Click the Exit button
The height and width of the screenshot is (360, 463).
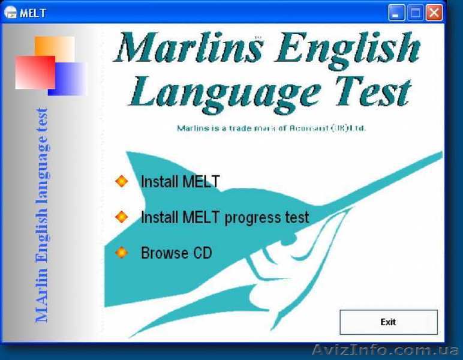click(388, 322)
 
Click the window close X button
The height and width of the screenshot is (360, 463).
click(434, 12)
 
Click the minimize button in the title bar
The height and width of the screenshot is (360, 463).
click(396, 12)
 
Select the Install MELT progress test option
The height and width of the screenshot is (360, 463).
click(225, 217)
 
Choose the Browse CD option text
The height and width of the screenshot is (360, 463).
click(176, 253)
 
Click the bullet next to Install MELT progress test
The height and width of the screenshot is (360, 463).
click(122, 217)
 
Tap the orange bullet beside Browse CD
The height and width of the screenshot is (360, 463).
click(122, 253)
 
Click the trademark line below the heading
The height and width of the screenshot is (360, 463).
click(271, 128)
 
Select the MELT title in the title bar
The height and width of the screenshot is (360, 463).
click(33, 13)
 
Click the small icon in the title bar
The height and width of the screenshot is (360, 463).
click(10, 13)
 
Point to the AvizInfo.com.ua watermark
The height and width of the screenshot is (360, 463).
click(387, 350)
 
